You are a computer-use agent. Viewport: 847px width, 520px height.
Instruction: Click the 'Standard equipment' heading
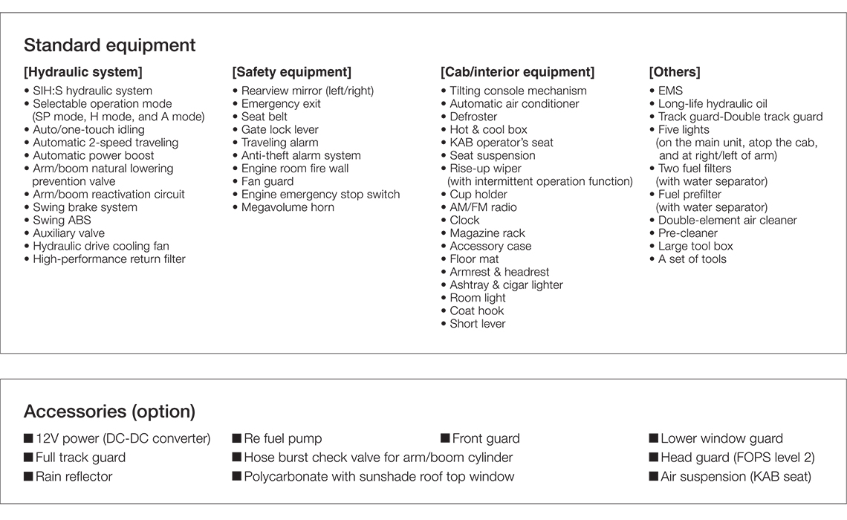click(x=109, y=45)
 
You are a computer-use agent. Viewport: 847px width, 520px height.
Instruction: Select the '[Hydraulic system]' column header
click(x=82, y=72)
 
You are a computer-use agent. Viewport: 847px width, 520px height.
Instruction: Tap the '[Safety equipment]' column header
click(x=291, y=72)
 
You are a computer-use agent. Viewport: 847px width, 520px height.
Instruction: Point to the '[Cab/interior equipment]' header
click(x=517, y=72)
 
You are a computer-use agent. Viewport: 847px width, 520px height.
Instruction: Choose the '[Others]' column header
click(x=674, y=72)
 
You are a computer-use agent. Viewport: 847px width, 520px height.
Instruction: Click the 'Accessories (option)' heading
click(x=109, y=412)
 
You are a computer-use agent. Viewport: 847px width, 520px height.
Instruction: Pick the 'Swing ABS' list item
click(x=62, y=221)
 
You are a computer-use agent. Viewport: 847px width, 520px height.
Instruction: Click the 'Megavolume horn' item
click(x=288, y=207)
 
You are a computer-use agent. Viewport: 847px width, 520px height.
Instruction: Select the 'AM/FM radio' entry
click(x=483, y=207)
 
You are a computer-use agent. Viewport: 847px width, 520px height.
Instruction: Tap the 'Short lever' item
click(x=477, y=324)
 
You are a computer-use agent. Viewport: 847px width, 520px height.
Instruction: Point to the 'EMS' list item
click(x=670, y=91)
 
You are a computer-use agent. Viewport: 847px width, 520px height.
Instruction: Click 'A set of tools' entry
click(x=692, y=259)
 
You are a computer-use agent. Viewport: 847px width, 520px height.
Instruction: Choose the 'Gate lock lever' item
click(x=279, y=130)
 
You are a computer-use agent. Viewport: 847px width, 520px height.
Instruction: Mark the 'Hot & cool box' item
click(x=488, y=130)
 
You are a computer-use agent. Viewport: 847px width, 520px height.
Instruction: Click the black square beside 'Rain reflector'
click(x=28, y=477)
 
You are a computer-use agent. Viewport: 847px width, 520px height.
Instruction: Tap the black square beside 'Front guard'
click(x=445, y=439)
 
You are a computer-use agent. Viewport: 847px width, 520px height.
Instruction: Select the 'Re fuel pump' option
click(x=283, y=439)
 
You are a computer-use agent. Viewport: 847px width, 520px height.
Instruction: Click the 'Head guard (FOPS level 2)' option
click(x=737, y=458)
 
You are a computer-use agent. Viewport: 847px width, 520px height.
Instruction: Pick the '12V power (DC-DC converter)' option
click(x=123, y=439)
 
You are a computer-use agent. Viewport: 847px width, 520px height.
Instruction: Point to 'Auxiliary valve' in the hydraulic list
click(x=68, y=233)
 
